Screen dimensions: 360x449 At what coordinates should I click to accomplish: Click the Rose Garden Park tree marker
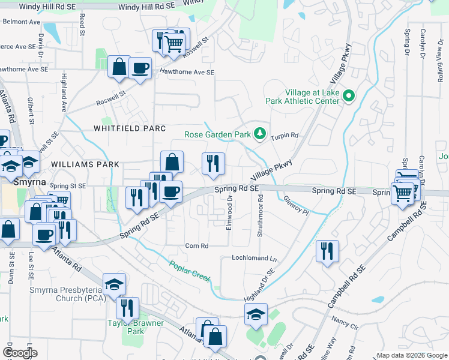[260, 134]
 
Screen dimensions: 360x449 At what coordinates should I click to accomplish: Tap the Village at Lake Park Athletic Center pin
[348, 96]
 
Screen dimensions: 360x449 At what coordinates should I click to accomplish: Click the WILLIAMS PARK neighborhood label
[85, 164]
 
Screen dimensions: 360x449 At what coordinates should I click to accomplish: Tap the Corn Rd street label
[196, 246]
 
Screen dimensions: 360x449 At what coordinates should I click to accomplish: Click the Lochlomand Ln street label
[255, 258]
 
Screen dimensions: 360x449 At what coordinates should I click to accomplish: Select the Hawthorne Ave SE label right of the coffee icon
[186, 72]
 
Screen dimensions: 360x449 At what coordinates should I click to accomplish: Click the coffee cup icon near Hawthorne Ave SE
[140, 69]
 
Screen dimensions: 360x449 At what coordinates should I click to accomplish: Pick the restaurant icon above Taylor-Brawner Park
[127, 308]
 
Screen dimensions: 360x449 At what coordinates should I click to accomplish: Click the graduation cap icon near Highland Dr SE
[256, 314]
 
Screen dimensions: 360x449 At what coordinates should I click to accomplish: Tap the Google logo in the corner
[19, 353]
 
